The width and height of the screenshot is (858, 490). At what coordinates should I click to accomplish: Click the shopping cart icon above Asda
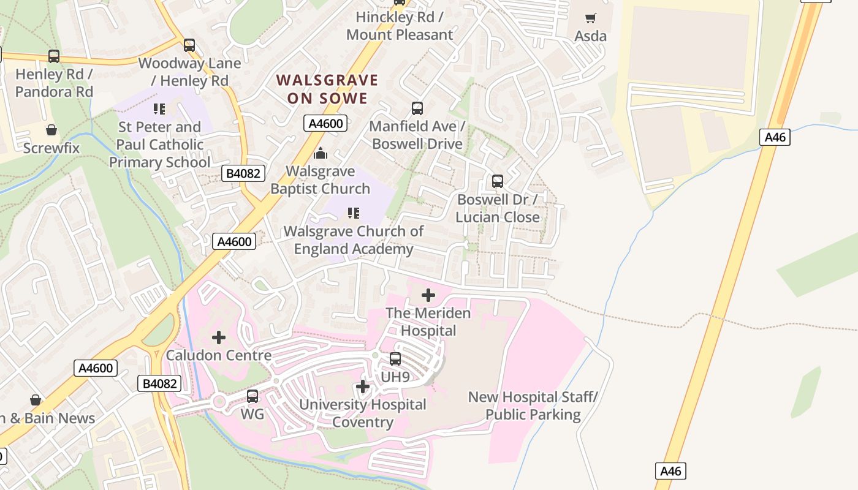(x=590, y=18)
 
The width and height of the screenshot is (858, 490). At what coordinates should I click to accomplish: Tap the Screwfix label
(x=51, y=148)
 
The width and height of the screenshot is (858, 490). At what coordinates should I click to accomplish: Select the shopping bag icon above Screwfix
(x=51, y=130)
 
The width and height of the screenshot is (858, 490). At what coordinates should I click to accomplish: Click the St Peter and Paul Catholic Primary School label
(x=159, y=145)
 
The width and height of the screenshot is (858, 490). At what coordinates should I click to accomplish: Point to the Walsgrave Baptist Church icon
(x=320, y=153)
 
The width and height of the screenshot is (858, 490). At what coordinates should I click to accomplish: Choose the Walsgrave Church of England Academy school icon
(x=354, y=213)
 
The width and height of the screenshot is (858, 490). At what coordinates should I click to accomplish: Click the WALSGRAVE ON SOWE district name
(x=327, y=89)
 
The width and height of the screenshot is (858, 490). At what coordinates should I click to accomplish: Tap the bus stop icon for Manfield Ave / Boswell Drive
(x=417, y=108)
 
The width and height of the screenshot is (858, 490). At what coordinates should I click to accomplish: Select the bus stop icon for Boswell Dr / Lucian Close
(x=498, y=181)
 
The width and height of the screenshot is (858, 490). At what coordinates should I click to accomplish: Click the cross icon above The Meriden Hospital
(x=428, y=295)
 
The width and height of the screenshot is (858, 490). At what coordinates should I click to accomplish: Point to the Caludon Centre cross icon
(x=219, y=337)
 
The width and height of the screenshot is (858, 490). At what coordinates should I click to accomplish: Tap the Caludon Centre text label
(x=219, y=355)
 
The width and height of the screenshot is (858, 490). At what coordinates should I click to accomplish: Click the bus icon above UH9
(x=395, y=359)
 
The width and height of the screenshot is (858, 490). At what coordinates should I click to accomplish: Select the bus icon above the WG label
(x=252, y=396)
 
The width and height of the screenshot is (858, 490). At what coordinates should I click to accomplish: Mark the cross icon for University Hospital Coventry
(x=363, y=386)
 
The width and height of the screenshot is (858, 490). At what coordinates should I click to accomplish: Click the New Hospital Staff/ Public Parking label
(x=533, y=406)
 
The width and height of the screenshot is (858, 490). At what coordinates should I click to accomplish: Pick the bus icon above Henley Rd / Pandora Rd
(x=54, y=56)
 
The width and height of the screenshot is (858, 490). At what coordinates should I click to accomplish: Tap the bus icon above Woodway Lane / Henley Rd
(x=189, y=45)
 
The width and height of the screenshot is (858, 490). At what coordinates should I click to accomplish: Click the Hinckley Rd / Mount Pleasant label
(x=400, y=26)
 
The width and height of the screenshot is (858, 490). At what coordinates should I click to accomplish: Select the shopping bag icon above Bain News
(x=36, y=400)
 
